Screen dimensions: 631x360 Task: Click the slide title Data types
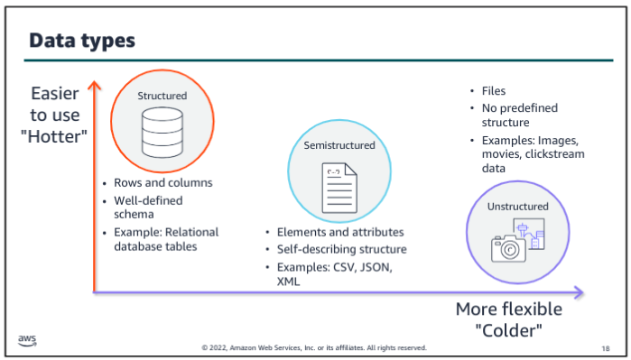82,41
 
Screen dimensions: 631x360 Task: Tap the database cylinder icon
162,133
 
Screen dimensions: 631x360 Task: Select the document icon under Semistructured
339,188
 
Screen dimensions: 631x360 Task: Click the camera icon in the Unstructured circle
508,249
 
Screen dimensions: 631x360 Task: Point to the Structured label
162,96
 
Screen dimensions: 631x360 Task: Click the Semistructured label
339,145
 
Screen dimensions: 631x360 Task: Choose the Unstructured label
518,207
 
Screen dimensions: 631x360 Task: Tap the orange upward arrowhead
94,86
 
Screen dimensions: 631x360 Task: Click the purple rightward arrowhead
579,292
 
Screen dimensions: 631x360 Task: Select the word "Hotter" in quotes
54,137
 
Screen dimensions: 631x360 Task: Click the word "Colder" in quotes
509,330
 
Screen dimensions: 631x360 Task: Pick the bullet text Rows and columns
163,182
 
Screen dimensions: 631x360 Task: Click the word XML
288,282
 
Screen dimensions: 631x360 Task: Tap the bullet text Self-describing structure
341,249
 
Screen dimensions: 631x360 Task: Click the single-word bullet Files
494,91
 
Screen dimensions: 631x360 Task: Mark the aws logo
27,341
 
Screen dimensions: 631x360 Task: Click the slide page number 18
606,348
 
